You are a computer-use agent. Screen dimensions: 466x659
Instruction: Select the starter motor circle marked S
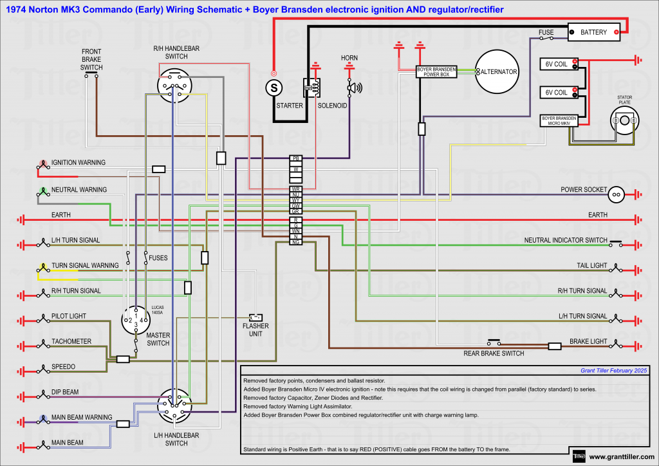click(274, 86)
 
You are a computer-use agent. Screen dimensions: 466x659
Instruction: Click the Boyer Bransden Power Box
click(436, 71)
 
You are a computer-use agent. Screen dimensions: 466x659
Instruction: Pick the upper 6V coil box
click(557, 64)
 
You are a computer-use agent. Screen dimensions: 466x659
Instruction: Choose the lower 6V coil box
click(557, 92)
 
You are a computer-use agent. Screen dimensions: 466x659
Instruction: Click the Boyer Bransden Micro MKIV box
click(557, 120)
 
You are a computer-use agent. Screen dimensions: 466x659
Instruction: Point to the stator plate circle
click(624, 120)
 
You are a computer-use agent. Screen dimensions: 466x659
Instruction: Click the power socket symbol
click(617, 193)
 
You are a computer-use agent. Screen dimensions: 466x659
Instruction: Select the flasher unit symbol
click(255, 317)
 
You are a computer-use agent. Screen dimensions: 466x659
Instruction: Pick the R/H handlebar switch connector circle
click(174, 86)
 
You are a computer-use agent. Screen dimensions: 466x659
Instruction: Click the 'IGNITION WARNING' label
click(79, 163)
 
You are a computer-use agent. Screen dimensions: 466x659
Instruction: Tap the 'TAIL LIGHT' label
click(591, 265)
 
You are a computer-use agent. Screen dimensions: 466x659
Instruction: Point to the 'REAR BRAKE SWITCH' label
click(494, 353)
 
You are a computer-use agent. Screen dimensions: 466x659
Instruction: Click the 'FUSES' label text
click(158, 257)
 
